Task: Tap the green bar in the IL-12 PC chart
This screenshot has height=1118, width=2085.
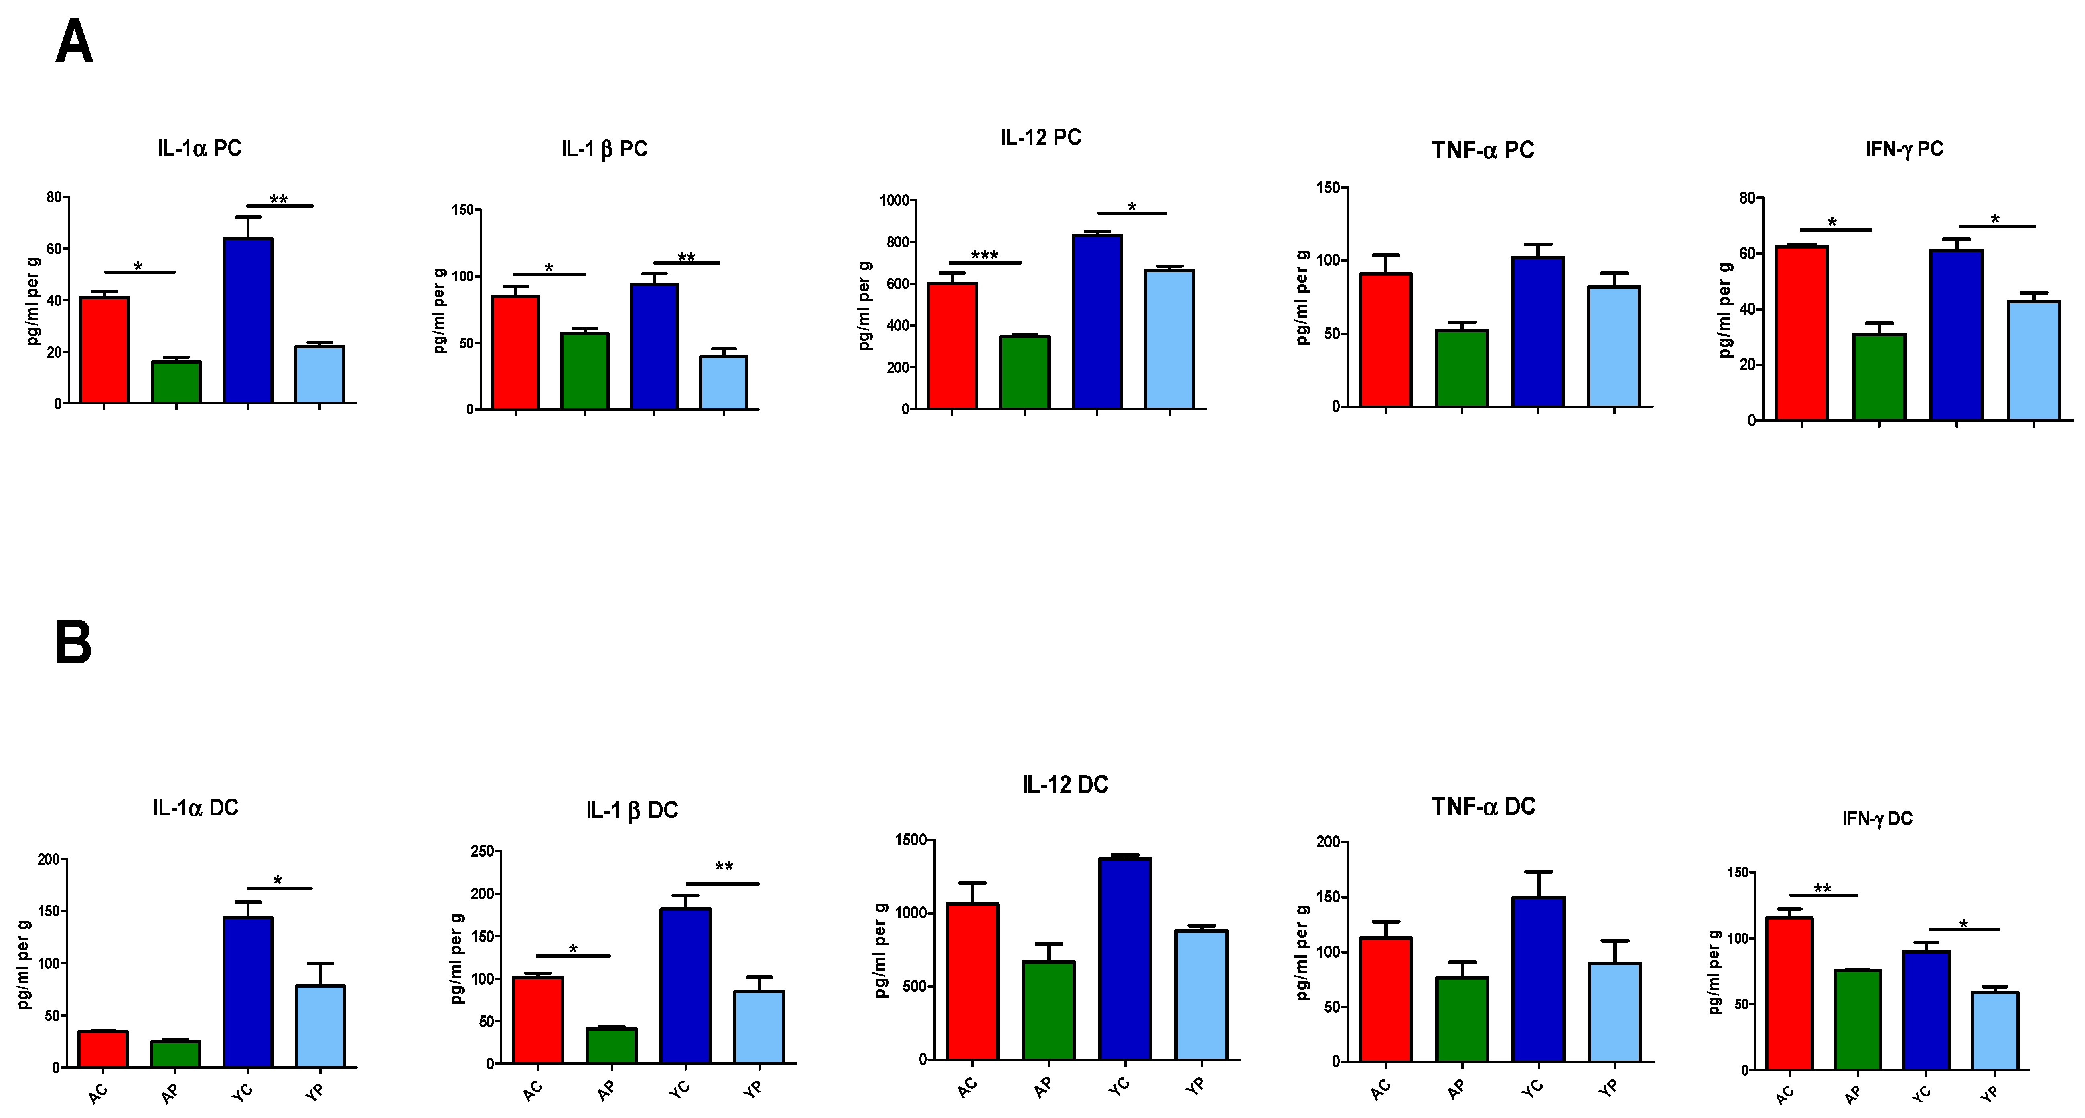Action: (x=1025, y=372)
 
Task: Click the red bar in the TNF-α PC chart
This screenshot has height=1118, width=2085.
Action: (x=1386, y=340)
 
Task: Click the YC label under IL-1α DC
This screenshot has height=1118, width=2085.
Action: (x=242, y=1092)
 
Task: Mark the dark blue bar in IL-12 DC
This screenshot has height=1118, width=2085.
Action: (x=1125, y=958)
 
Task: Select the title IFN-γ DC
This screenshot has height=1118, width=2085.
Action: (x=1877, y=819)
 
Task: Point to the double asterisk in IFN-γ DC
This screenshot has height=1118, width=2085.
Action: (x=1822, y=889)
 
